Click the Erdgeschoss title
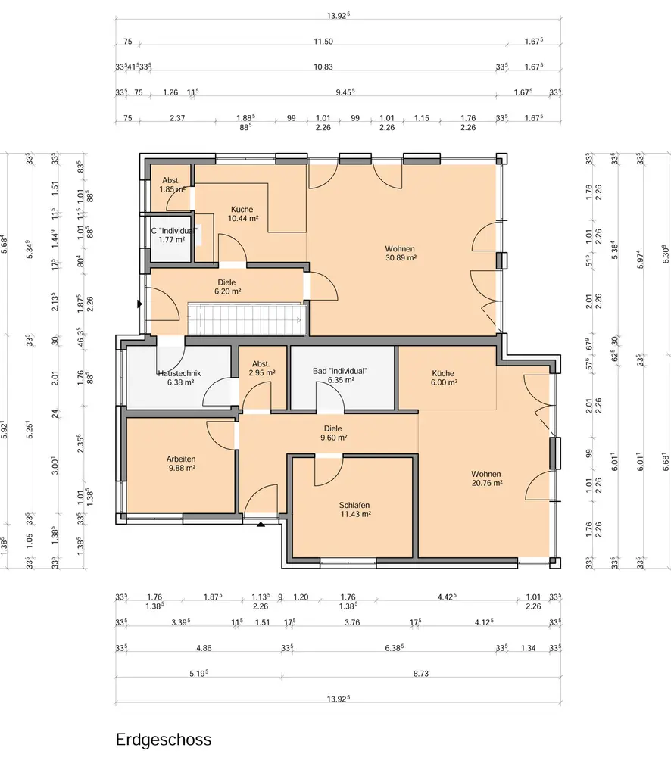pyautogui.click(x=164, y=740)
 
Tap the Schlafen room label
pyautogui.click(x=354, y=505)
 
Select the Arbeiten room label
pyautogui.click(x=181, y=459)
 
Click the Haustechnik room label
pyautogui.click(x=179, y=373)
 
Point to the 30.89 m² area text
pyautogui.click(x=401, y=258)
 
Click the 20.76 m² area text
pyautogui.click(x=487, y=483)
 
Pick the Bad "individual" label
pyautogui.click(x=339, y=371)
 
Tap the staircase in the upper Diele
pyautogui.click(x=247, y=319)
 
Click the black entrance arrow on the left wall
pyautogui.click(x=139, y=304)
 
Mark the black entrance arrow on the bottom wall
pyautogui.click(x=261, y=524)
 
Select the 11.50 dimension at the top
pyautogui.click(x=323, y=42)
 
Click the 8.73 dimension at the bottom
pyautogui.click(x=421, y=674)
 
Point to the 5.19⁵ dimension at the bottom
pyautogui.click(x=198, y=673)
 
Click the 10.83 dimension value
pyautogui.click(x=323, y=67)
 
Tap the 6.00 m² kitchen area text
pyautogui.click(x=444, y=382)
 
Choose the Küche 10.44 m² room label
pyautogui.click(x=242, y=214)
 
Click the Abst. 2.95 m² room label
pyautogui.click(x=261, y=369)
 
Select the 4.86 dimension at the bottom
pyautogui.click(x=204, y=649)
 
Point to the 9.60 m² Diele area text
pyautogui.click(x=333, y=438)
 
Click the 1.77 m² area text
pyautogui.click(x=171, y=239)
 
